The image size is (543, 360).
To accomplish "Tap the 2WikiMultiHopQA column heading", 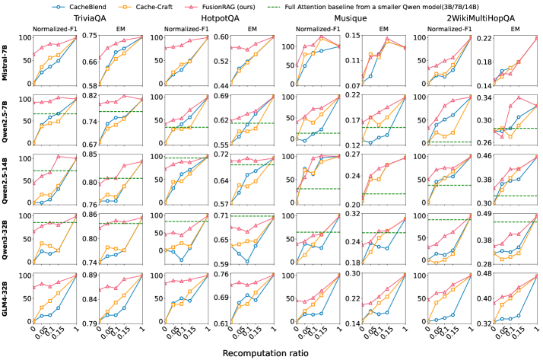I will (x=472, y=18).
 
